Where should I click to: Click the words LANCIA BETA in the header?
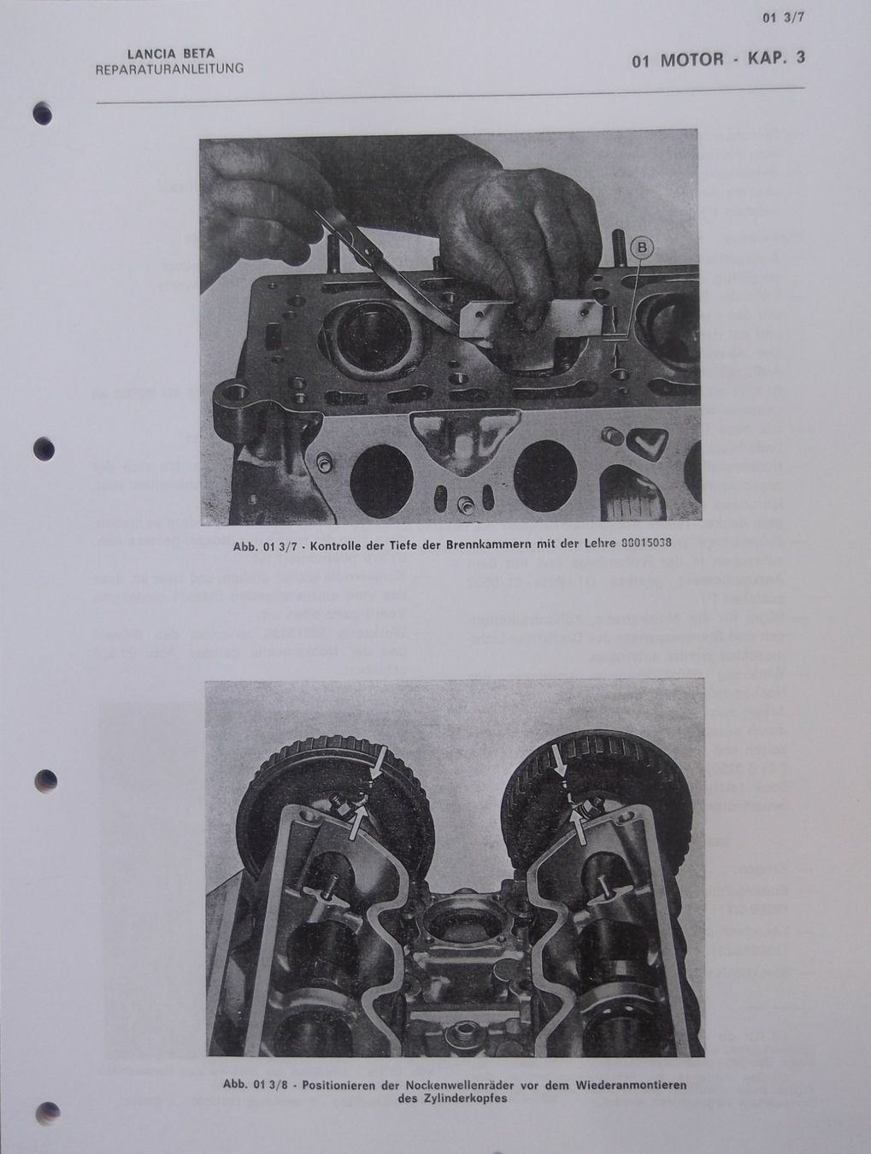[170, 54]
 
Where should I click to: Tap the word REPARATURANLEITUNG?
[169, 68]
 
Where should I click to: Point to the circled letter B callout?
[642, 248]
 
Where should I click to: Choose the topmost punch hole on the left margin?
[44, 114]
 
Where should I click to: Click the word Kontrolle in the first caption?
[316, 545]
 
